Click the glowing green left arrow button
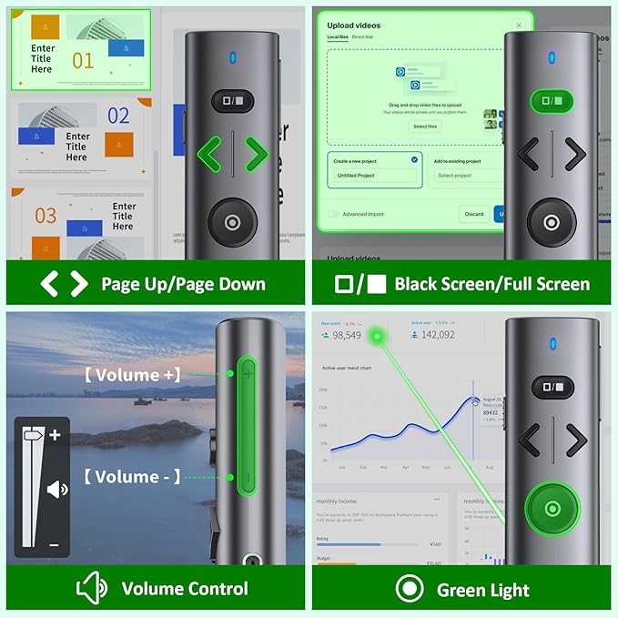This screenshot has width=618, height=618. (211, 155)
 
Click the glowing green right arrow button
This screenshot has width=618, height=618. (256, 155)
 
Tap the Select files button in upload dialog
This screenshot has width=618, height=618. (425, 127)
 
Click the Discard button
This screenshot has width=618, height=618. (473, 214)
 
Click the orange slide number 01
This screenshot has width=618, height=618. (83, 61)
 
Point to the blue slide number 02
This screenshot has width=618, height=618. (118, 116)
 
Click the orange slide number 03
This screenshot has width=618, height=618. (46, 216)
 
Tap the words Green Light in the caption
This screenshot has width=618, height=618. (483, 590)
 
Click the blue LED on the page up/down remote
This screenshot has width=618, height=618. (233, 58)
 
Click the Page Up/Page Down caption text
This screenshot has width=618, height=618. (183, 284)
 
